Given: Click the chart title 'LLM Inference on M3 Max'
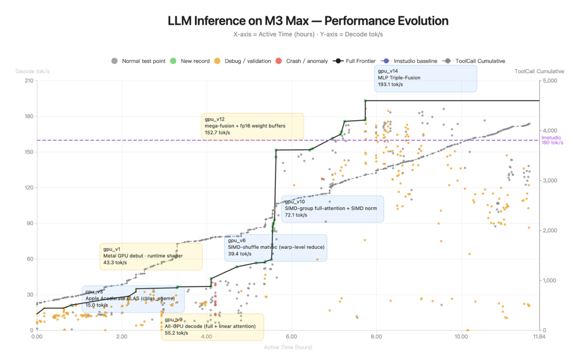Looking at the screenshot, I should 308,21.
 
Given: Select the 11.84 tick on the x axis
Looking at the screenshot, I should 539,337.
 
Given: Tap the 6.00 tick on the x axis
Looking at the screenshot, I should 292,337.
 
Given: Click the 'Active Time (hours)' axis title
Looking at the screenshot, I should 288,347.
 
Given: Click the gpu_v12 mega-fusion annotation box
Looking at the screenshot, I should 252,126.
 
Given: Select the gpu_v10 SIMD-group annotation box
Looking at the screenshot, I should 332,208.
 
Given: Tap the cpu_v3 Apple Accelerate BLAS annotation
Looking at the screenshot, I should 133,299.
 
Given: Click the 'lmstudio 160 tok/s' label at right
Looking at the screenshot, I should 552,140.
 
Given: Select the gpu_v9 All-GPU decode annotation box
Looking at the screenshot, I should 212,326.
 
